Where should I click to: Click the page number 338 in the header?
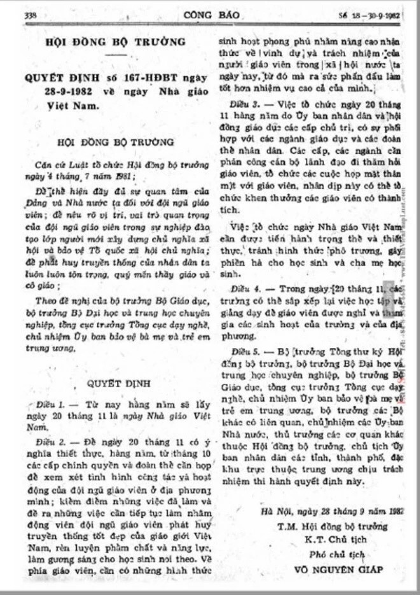(x=30, y=14)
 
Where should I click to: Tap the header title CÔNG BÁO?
(x=209, y=13)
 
